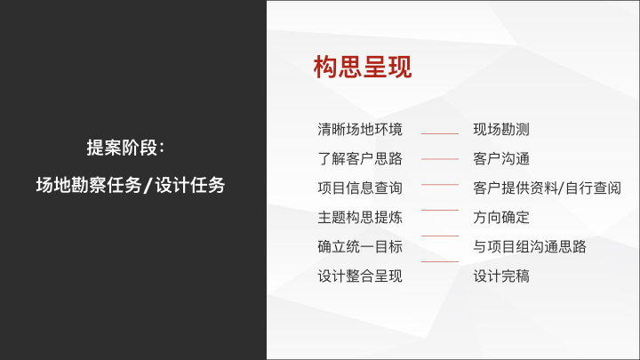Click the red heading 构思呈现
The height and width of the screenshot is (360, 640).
pos(363,67)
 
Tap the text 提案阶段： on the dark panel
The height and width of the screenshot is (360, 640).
pos(125,148)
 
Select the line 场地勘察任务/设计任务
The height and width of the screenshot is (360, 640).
pos(130,185)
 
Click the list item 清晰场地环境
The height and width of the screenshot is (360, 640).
pos(360,130)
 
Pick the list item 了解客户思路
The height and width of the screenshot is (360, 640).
pos(360,159)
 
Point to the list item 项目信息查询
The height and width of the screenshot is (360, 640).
pos(360,188)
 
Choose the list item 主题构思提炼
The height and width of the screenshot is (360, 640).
pos(360,218)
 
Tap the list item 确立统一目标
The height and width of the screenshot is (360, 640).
pos(360,247)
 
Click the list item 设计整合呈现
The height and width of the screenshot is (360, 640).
pos(360,276)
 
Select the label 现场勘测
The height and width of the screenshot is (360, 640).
pos(501,130)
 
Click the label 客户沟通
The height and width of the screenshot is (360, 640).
pos(501,159)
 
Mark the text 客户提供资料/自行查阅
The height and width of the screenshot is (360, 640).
pos(547,188)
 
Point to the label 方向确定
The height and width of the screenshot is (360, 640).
pos(501,218)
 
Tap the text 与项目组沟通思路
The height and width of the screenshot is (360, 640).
pos(530,247)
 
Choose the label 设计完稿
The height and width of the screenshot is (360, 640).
pos(501,276)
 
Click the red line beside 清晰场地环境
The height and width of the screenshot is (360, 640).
pos(440,133)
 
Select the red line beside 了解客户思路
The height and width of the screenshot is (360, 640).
pos(440,159)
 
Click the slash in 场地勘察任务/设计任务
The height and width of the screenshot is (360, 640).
pos(148,185)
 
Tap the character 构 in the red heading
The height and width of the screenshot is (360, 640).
pos(325,67)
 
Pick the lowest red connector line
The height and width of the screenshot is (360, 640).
pos(440,261)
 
